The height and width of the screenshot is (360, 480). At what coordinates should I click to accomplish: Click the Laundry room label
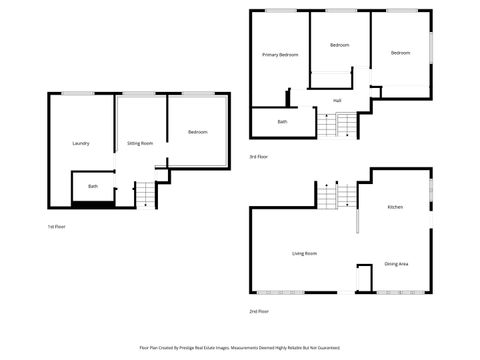tap(81, 144)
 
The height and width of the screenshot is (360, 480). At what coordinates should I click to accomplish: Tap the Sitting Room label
tap(140, 144)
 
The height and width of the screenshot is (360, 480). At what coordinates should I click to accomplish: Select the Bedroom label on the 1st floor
tap(197, 133)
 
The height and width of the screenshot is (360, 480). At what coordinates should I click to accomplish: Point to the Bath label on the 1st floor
tap(93, 186)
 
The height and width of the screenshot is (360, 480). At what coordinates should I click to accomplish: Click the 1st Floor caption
tap(57, 227)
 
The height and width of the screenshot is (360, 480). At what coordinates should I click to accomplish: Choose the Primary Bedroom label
tap(281, 54)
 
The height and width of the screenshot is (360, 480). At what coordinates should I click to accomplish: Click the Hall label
tap(339, 100)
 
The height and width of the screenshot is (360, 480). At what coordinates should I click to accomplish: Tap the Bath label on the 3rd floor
tap(282, 122)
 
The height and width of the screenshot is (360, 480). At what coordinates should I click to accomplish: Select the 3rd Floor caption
tap(259, 157)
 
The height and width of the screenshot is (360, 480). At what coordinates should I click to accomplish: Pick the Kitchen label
tap(395, 207)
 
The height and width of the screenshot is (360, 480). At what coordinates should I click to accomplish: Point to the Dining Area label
tap(396, 264)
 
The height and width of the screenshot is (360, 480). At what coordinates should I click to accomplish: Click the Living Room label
tap(304, 254)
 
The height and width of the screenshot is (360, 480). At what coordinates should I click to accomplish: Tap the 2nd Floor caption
tap(259, 312)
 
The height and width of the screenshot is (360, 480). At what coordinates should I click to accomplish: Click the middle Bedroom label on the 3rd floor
tap(340, 45)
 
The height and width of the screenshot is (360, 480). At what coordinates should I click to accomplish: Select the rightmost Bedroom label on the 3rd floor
tap(401, 53)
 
